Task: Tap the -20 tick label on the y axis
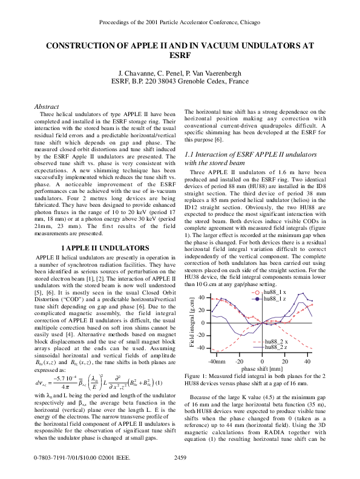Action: (201, 336)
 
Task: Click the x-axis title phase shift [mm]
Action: (261, 368)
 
